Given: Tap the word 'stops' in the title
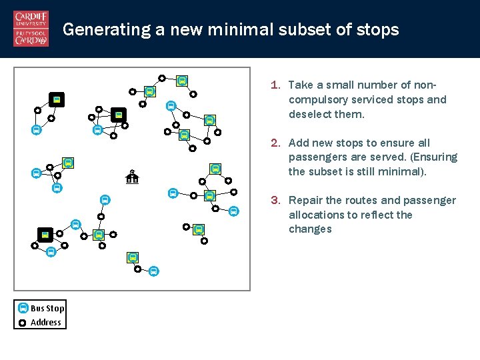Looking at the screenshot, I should point(378,30).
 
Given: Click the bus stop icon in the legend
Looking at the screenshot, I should point(23,308).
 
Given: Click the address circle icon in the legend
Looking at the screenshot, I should point(23,323).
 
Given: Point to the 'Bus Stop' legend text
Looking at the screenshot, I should point(47,308).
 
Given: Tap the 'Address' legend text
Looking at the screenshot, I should point(46,323).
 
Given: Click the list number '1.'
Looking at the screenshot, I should point(275,85).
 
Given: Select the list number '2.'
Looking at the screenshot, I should point(275,143).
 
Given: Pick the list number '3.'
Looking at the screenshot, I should point(275,200).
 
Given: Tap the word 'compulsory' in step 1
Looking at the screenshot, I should point(317,100).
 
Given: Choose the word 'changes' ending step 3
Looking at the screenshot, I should point(310,229).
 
